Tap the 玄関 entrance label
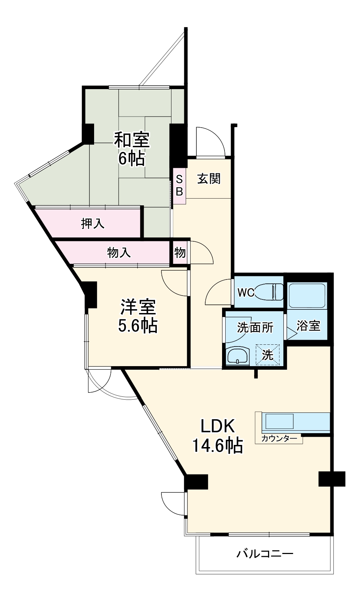coord(209,178)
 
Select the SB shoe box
coord(179,186)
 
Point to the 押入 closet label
coord(93,224)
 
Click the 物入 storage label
coord(119,253)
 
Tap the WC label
coord(246,293)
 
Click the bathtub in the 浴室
coord(307,295)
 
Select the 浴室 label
coord(308,325)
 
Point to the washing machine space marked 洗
coord(267,355)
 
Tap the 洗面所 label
coord(255,327)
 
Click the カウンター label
coord(279,439)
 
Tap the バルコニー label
coord(265,554)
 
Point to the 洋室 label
coord(138,307)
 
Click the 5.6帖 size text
coord(138,325)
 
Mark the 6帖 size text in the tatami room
coord(132,159)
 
